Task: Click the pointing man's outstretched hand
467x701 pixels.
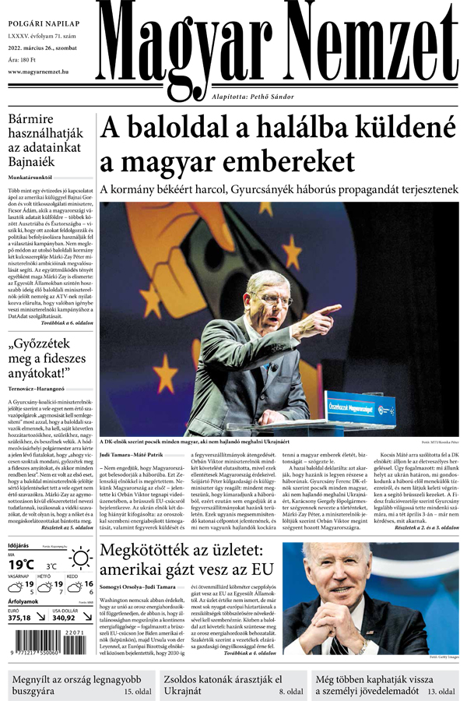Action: click(328, 311)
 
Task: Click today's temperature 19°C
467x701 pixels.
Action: click(21, 564)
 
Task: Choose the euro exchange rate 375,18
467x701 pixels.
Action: click(19, 618)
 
